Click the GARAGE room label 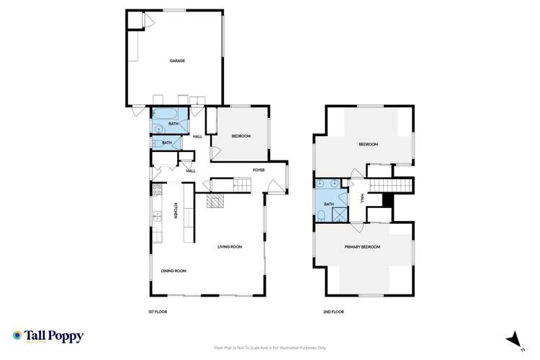click(x=177, y=60)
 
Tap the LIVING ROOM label click(x=230, y=247)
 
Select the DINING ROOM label click(x=174, y=271)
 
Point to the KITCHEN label click(x=175, y=210)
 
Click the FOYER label click(x=258, y=170)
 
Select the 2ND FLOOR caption click(x=333, y=312)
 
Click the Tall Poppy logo click(x=48, y=336)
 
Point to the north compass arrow click(x=512, y=338)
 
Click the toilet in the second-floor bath click(x=321, y=215)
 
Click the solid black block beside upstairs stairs click(x=387, y=201)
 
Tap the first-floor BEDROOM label click(x=240, y=136)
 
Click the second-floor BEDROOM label click(x=369, y=145)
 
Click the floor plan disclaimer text click(x=269, y=348)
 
